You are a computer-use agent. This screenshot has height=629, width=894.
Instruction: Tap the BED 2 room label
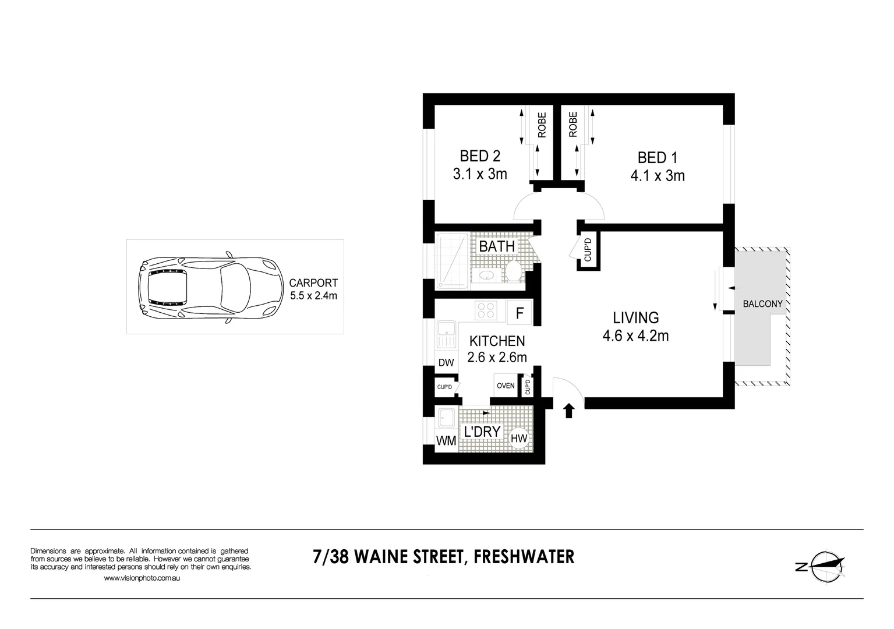tap(480, 156)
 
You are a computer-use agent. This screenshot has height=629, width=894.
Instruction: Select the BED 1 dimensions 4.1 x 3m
tap(658, 176)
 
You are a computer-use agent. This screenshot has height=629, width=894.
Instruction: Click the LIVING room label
tap(635, 318)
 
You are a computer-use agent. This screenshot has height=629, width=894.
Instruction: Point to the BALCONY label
tap(762, 304)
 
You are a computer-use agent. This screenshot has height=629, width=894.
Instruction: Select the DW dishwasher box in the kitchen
tap(446, 363)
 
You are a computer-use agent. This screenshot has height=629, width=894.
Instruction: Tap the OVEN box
tap(506, 386)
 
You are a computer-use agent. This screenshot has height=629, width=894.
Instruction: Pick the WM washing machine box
tap(446, 441)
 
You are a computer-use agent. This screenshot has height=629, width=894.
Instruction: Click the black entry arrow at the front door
tap(569, 411)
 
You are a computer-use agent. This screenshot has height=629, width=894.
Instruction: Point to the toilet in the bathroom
tap(513, 271)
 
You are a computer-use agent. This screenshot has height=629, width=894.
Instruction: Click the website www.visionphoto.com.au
tap(142, 578)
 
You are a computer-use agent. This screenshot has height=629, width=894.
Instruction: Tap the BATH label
tap(497, 246)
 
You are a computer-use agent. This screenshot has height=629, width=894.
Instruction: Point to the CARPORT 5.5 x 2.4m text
tap(313, 289)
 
